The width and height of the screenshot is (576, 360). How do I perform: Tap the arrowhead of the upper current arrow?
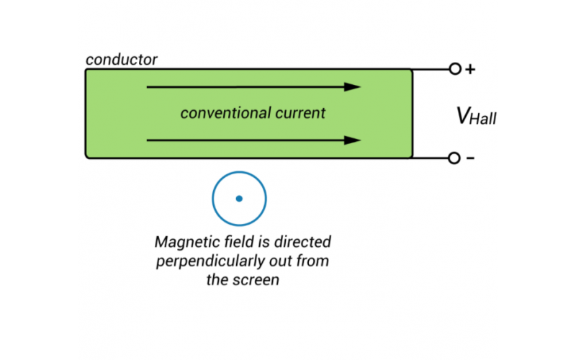353,87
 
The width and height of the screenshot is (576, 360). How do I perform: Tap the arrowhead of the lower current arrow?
353,140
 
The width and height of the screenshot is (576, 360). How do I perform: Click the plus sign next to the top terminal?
471,70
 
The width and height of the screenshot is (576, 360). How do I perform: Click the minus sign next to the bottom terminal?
471,158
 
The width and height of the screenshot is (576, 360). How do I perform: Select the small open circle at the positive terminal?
454,70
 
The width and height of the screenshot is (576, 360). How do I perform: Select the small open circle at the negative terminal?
454,158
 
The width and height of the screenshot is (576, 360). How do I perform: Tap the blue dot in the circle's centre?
239,199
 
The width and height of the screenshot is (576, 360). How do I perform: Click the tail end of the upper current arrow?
148,87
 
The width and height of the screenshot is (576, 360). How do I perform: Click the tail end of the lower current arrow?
148,140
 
